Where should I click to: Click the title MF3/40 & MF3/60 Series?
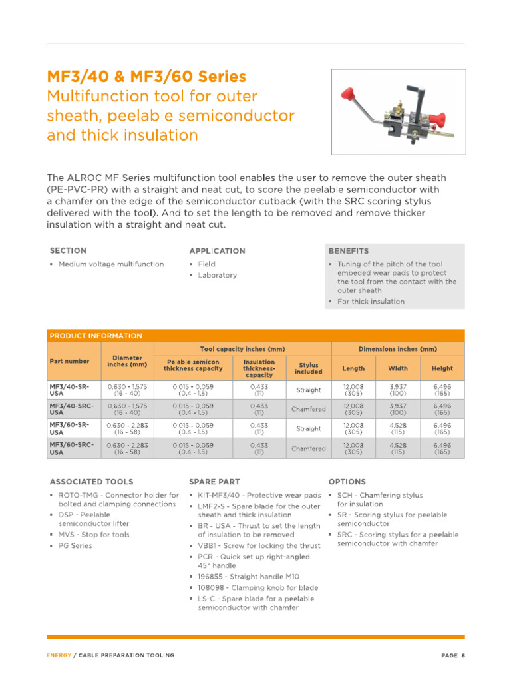point(146,77)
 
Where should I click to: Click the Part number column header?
point(69,361)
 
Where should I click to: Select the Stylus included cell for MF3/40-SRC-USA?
point(308,409)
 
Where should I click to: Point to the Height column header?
point(442,368)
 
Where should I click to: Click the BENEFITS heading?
point(349,251)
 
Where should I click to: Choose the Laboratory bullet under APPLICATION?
point(217,275)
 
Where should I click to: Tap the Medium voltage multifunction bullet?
point(110,264)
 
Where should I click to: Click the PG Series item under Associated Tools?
point(75,545)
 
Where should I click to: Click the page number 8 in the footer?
point(462,655)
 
